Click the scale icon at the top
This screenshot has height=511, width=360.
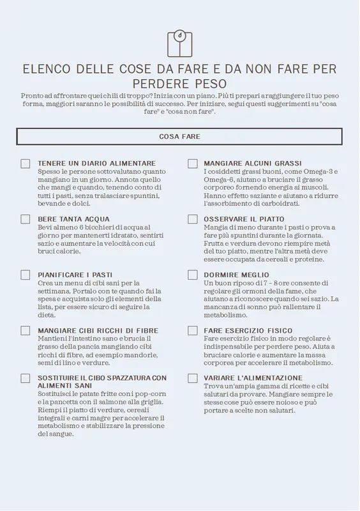click(x=179, y=43)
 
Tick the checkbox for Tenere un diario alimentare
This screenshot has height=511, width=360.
click(x=26, y=164)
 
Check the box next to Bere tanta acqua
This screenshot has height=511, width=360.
click(x=26, y=219)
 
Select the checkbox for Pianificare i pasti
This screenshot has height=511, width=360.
click(x=26, y=275)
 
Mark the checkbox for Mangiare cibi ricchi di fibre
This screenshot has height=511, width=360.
click(x=26, y=330)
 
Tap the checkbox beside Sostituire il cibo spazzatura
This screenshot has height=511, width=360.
click(x=26, y=378)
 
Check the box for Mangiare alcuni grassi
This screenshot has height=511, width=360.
click(x=192, y=164)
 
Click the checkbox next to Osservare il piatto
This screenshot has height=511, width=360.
click(x=192, y=219)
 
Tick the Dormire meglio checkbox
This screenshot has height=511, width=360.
click(x=192, y=275)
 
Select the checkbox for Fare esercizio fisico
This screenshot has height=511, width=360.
click(x=192, y=330)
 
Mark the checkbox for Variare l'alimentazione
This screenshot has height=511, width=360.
click(x=192, y=378)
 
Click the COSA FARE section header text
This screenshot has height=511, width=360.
click(x=179, y=137)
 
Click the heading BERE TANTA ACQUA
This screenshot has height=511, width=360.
click(x=73, y=219)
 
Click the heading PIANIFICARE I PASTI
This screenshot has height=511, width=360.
click(x=75, y=275)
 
